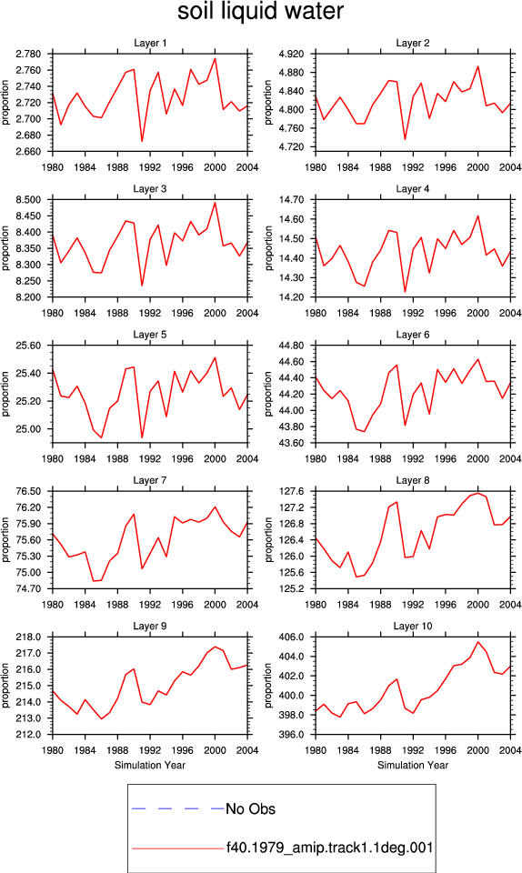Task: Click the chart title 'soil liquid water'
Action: click(260, 12)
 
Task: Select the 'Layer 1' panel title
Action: click(150, 43)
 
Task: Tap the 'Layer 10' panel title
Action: click(412, 626)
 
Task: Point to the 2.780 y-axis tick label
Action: click(28, 54)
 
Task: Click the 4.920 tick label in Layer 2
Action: click(291, 54)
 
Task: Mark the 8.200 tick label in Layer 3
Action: click(28, 297)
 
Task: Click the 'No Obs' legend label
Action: click(250, 809)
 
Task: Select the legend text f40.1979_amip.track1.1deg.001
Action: click(329, 848)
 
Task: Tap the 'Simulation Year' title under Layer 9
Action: click(150, 765)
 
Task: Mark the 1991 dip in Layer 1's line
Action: click(142, 141)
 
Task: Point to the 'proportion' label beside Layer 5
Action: click(5, 394)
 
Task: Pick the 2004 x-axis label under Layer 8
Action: click(510, 605)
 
